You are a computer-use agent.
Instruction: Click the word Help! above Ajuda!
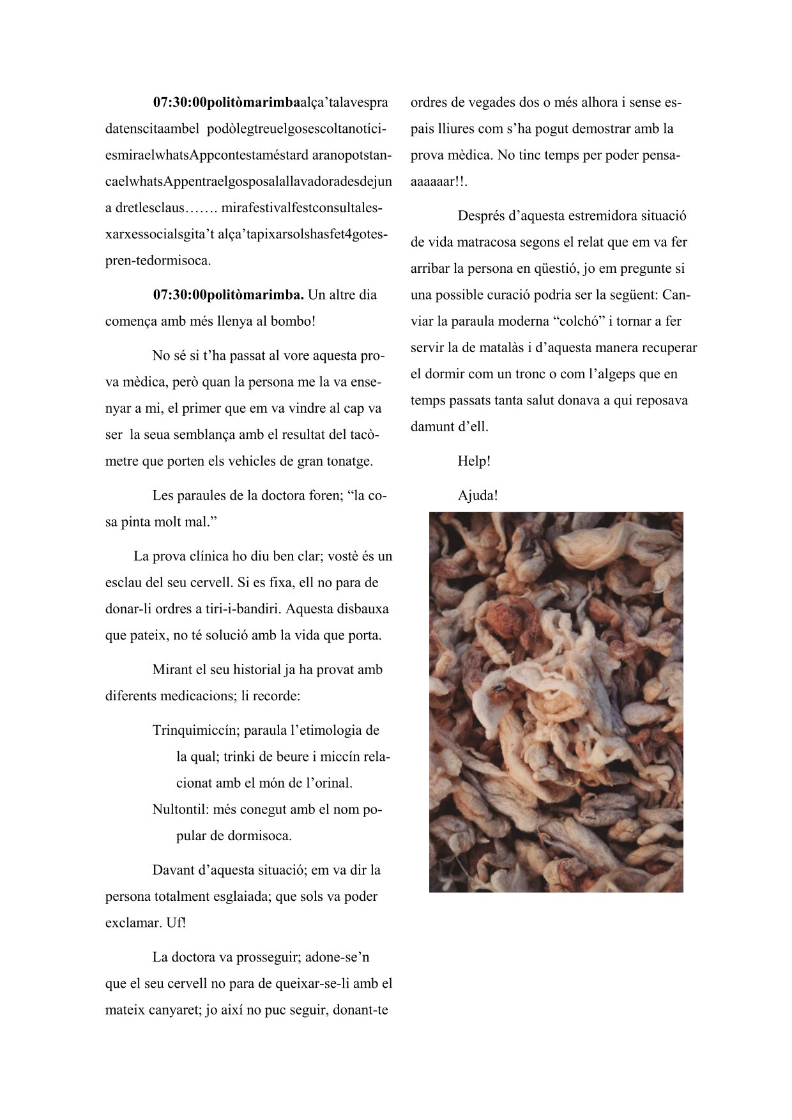[474, 461]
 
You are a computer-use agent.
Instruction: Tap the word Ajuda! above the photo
[478, 495]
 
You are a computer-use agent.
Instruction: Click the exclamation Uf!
[176, 923]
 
